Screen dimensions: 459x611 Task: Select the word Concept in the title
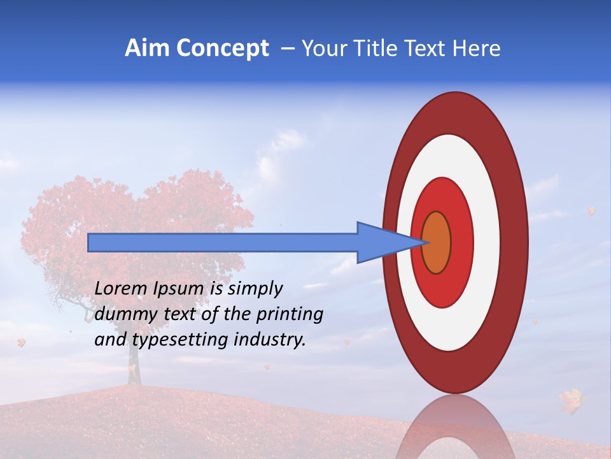222,48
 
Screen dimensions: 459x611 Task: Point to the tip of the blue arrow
425,242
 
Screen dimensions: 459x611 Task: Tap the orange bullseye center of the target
437,242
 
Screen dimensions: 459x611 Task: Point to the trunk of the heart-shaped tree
133,363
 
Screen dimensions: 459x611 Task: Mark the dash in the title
287,49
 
